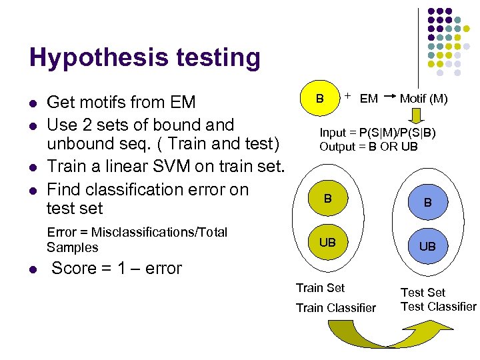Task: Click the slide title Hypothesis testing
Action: [x=145, y=58]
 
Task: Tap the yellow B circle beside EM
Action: [x=321, y=99]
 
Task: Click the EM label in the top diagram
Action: [x=369, y=99]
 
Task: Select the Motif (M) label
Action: [x=423, y=99]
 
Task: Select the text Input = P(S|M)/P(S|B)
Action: [x=377, y=133]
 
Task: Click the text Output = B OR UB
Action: [x=368, y=146]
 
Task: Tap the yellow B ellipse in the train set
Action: [x=328, y=199]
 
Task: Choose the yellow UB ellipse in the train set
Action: [x=328, y=242]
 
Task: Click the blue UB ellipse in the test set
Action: [x=427, y=246]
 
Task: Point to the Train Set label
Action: [x=320, y=287]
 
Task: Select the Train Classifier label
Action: [x=335, y=307]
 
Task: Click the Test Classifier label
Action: [x=438, y=306]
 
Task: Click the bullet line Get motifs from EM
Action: [x=121, y=102]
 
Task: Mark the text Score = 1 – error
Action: [x=117, y=268]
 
